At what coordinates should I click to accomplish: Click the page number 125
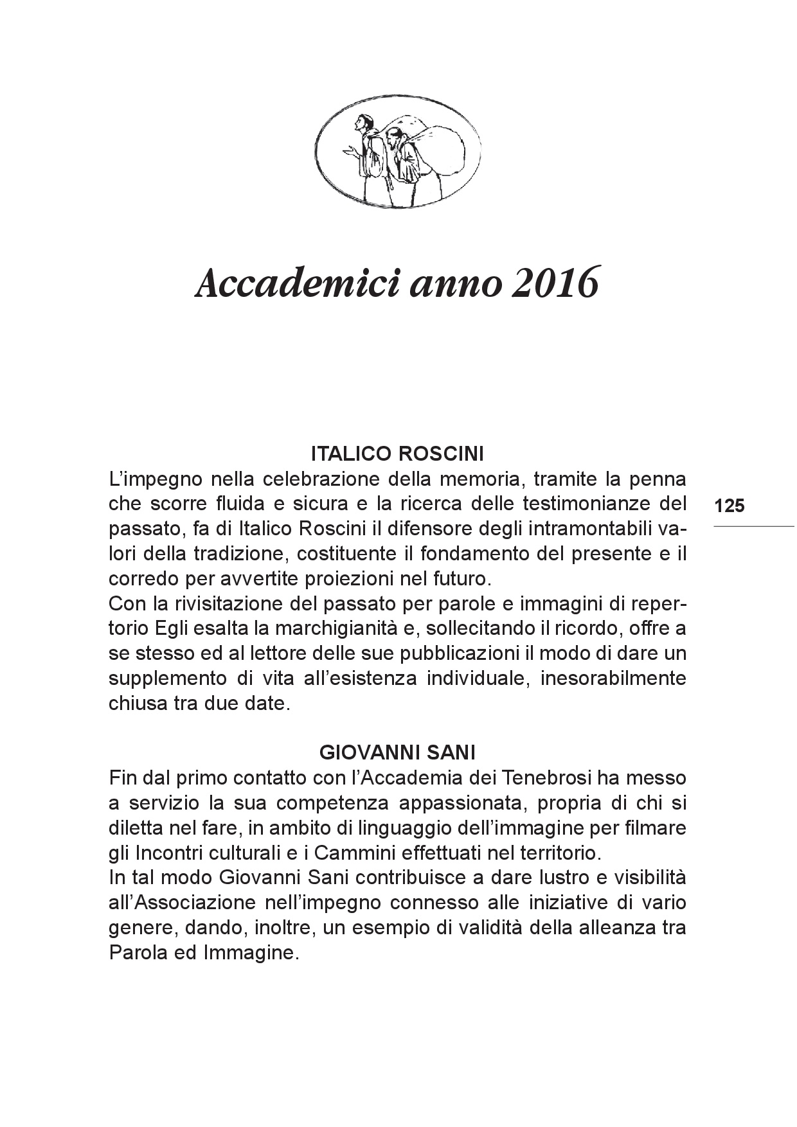click(729, 506)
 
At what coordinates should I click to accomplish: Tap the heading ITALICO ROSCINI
click(397, 454)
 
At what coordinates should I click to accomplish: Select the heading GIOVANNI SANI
click(397, 752)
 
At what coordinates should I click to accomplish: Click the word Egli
click(174, 628)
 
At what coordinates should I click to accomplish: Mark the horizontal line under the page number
click(753, 527)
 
